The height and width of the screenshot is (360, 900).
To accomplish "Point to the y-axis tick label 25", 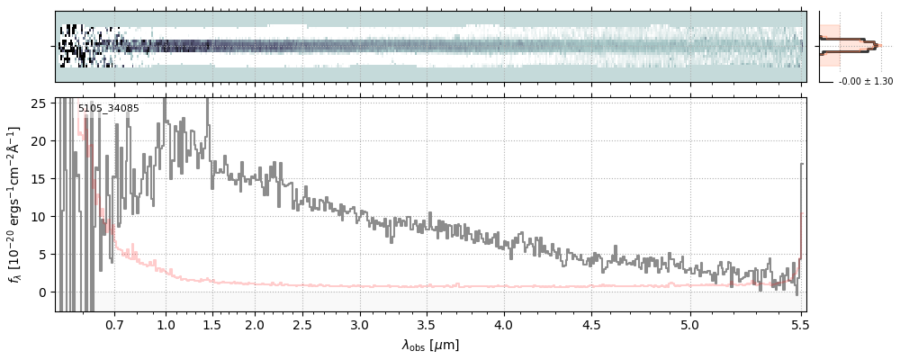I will (40, 103).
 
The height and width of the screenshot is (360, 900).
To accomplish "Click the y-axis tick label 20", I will (40, 141).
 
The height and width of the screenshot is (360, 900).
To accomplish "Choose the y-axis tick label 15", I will (40, 179).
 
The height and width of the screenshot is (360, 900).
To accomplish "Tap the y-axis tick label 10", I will (40, 217).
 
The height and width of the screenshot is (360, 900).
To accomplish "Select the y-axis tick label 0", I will (43, 292).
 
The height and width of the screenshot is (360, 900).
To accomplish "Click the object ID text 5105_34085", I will (108, 108).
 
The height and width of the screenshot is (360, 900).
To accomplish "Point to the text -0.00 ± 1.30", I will (865, 82).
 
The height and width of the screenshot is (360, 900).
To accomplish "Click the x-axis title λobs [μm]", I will (430, 345).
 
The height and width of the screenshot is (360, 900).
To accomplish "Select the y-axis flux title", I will (15, 204).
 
